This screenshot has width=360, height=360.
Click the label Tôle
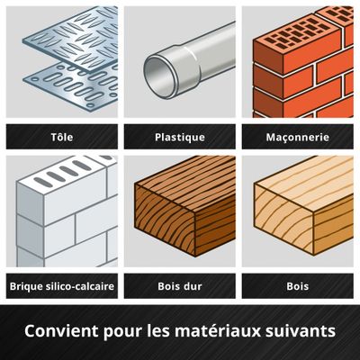pos(61,138)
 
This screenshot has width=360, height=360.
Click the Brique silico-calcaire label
pos(61,286)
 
